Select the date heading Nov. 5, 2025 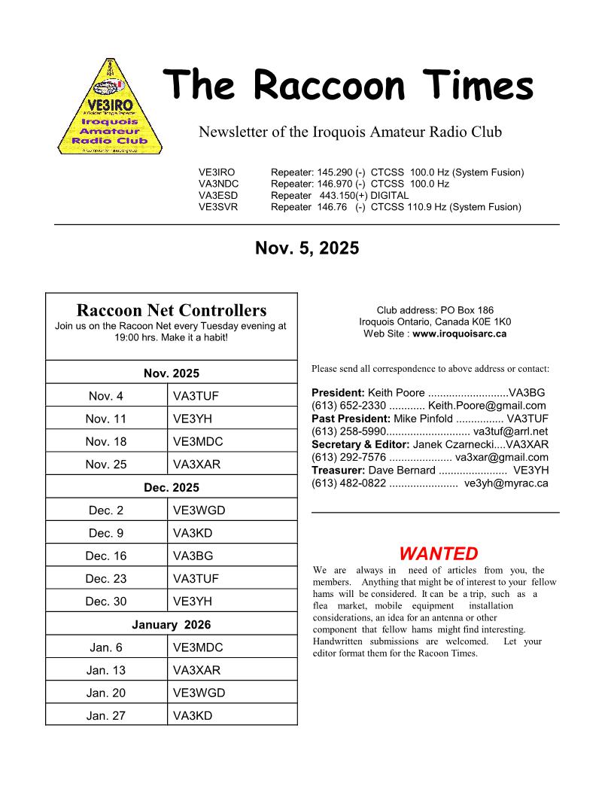pos(307,248)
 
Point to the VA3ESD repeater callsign pos(217,196)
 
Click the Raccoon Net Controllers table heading pos(172,310)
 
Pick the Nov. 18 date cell pos(107,442)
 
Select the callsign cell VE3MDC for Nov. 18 pos(198,442)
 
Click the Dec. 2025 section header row pos(172,488)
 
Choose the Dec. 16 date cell pos(107,556)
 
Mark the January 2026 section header pos(172,625)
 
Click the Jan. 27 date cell pos(107,716)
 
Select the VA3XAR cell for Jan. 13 pos(197,670)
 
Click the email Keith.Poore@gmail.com pos(487,406)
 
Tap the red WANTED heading pos(438,554)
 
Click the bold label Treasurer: pos(339,470)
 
